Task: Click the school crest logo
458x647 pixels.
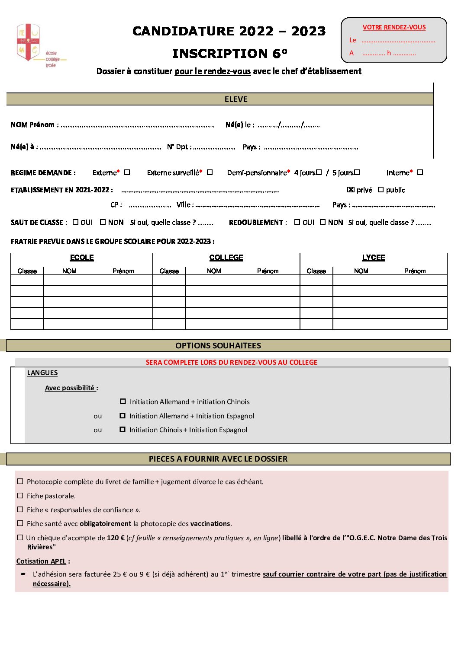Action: tap(29, 42)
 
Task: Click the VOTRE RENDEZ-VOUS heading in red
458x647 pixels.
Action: tap(394, 27)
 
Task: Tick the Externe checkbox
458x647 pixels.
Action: tap(127, 172)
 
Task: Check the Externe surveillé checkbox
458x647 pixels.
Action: tap(210, 172)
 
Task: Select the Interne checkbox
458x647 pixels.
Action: tap(420, 172)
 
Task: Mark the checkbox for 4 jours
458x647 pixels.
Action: tap(319, 172)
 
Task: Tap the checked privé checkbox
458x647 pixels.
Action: tap(351, 189)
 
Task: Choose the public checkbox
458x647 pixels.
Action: tap(381, 189)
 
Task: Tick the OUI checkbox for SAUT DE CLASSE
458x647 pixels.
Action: tap(76, 222)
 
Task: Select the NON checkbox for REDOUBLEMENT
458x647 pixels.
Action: tap(323, 222)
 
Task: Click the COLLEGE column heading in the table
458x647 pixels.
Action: tap(226, 258)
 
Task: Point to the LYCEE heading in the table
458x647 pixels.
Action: tap(373, 258)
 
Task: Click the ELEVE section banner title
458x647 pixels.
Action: tap(236, 99)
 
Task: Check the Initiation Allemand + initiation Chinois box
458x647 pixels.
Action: tap(123, 402)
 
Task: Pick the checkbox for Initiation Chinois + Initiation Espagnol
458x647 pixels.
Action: tap(123, 430)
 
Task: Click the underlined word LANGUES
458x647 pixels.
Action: tap(42, 373)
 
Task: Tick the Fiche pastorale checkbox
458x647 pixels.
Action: tap(20, 496)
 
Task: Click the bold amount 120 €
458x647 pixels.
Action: tap(116, 538)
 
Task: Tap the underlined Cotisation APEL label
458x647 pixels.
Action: tap(41, 561)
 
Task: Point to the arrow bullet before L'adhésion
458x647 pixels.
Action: tap(23, 574)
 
